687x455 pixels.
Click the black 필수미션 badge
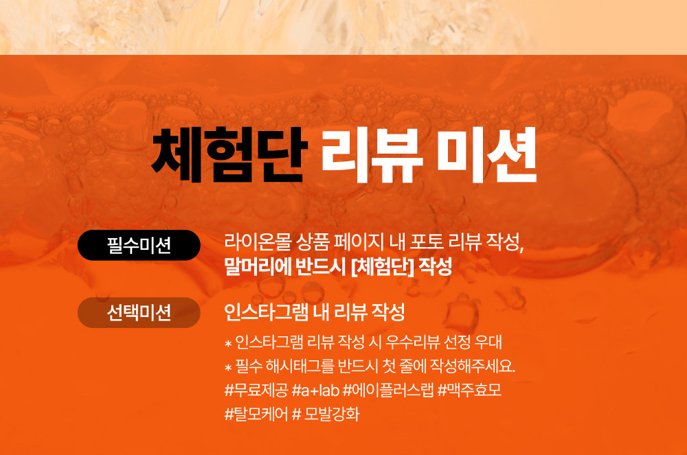[x=139, y=245]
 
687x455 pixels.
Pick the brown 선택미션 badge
[x=139, y=312]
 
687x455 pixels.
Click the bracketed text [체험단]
[x=383, y=266]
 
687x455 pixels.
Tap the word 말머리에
[x=258, y=266]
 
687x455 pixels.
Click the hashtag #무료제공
[x=256, y=390]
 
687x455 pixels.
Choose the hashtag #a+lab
[x=315, y=390]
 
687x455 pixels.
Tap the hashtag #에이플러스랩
[x=388, y=390]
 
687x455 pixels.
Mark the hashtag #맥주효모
[x=469, y=390]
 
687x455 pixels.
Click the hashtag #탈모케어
[x=256, y=414]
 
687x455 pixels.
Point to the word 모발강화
[x=332, y=414]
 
